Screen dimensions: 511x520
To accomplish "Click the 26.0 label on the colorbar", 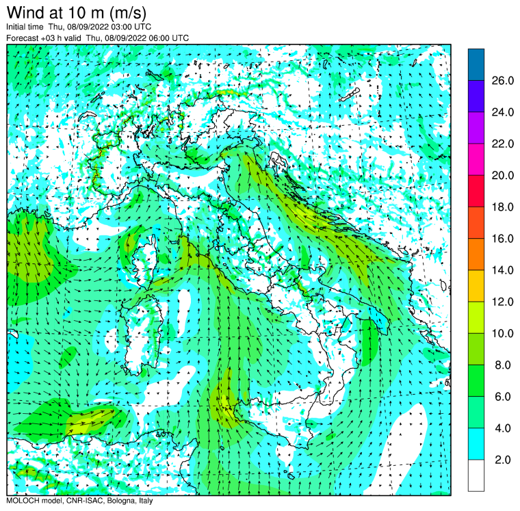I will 502,81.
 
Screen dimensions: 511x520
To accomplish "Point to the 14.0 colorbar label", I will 502,270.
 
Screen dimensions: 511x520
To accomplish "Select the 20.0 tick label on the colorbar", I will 502,175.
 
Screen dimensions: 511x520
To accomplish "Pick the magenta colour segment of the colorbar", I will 476,159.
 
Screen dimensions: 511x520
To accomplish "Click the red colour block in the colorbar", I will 476,191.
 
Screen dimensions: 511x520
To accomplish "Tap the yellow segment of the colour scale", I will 476,286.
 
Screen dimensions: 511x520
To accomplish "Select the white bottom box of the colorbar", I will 476,475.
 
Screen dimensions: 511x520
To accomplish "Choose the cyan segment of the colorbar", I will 476,444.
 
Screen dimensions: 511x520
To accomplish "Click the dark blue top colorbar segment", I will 476,64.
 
